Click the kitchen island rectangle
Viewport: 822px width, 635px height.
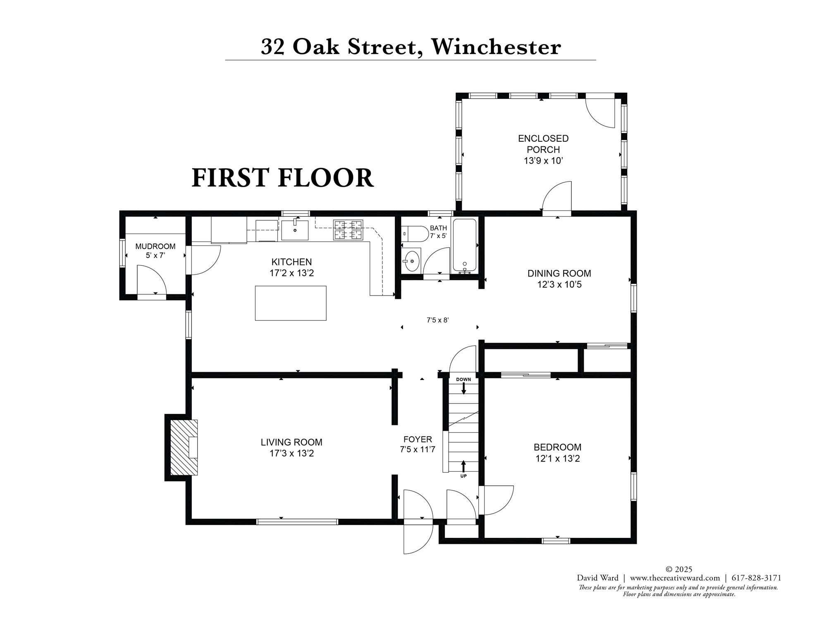click(290, 303)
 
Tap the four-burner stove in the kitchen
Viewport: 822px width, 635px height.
click(348, 230)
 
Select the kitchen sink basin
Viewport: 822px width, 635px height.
click(295, 231)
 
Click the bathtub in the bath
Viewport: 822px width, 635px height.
click(465, 245)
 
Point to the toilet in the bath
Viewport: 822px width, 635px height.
click(416, 234)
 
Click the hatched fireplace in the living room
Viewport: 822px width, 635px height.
click(184, 447)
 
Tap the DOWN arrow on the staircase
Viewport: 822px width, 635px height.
click(464, 388)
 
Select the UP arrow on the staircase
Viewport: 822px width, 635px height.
click(464, 466)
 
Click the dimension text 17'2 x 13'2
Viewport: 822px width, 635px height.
click(292, 273)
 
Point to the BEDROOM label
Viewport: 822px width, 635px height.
click(557, 447)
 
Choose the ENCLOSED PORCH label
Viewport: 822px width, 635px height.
click(543, 144)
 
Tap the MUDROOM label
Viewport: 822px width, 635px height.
click(155, 246)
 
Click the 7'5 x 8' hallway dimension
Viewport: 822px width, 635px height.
click(437, 320)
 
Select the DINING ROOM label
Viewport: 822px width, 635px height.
click(559, 273)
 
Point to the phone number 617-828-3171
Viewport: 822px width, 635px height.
click(756, 578)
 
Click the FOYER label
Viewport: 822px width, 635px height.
click(418, 439)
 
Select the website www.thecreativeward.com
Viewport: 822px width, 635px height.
click(675, 578)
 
